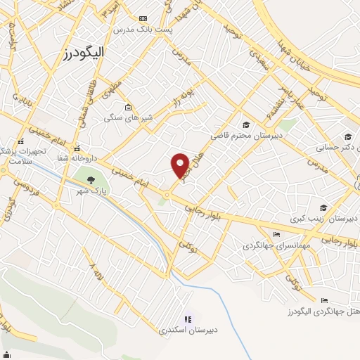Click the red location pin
[x=181, y=165]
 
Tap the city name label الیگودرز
[x=80, y=52]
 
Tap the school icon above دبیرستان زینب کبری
[x=323, y=207]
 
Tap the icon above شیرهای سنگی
[x=127, y=108]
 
